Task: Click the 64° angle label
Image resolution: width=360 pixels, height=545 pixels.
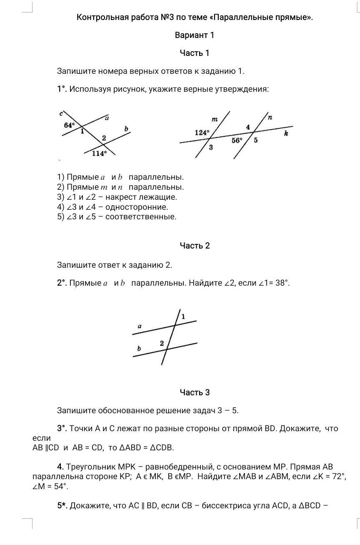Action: (x=70, y=125)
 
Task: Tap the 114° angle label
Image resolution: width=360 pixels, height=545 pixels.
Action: (x=100, y=153)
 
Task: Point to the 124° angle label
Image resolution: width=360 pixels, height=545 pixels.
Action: (x=202, y=133)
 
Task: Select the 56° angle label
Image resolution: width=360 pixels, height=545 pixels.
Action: (x=237, y=141)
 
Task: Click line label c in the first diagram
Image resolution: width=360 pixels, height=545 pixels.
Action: (x=61, y=113)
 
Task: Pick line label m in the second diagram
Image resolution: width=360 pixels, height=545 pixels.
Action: (x=215, y=120)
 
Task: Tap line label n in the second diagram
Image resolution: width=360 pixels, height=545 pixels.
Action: (x=270, y=118)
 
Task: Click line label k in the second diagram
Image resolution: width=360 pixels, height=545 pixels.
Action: (x=286, y=134)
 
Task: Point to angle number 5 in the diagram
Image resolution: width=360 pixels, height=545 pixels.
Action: (x=256, y=141)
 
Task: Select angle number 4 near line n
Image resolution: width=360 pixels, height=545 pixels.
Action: (x=248, y=127)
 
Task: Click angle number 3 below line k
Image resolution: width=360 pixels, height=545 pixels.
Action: (x=211, y=147)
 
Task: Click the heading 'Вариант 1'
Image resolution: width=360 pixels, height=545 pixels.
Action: (x=195, y=35)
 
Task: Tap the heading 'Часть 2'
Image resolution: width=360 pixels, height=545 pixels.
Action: (x=195, y=246)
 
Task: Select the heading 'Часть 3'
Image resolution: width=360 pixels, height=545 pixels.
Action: (x=195, y=392)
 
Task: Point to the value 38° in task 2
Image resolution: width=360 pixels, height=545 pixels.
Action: (x=279, y=283)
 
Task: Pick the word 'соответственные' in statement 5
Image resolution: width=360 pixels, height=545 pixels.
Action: (x=141, y=217)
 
